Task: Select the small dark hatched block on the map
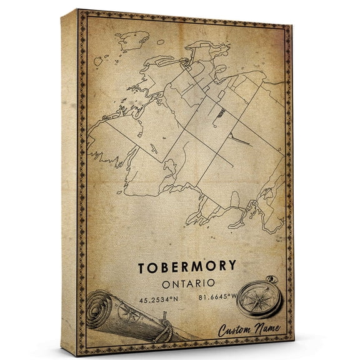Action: [x=217, y=112]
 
